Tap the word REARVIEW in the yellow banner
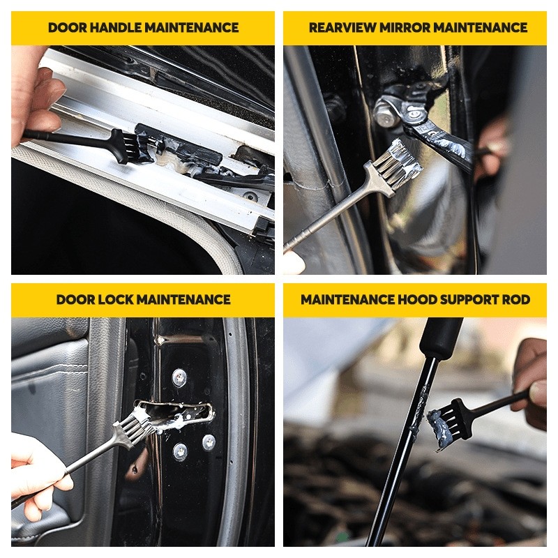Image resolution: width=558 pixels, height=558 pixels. pyautogui.click(x=342, y=28)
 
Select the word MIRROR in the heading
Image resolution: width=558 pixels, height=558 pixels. pyautogui.click(x=405, y=28)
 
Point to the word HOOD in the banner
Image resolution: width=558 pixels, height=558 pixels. pyautogui.click(x=416, y=300)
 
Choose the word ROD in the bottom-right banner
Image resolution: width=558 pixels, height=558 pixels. pyautogui.click(x=516, y=300)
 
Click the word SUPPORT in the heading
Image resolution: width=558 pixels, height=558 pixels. pyautogui.click(x=469, y=300)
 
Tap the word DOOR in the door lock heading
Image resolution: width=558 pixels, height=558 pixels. pyautogui.click(x=75, y=300)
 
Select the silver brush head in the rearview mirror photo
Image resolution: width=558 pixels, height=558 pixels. pyautogui.click(x=398, y=160)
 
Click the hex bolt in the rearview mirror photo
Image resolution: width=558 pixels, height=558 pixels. pyautogui.click(x=385, y=113)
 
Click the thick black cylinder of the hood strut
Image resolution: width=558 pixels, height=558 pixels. pyautogui.click(x=439, y=337)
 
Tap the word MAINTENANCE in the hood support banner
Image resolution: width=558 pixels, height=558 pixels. pyautogui.click(x=347, y=300)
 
